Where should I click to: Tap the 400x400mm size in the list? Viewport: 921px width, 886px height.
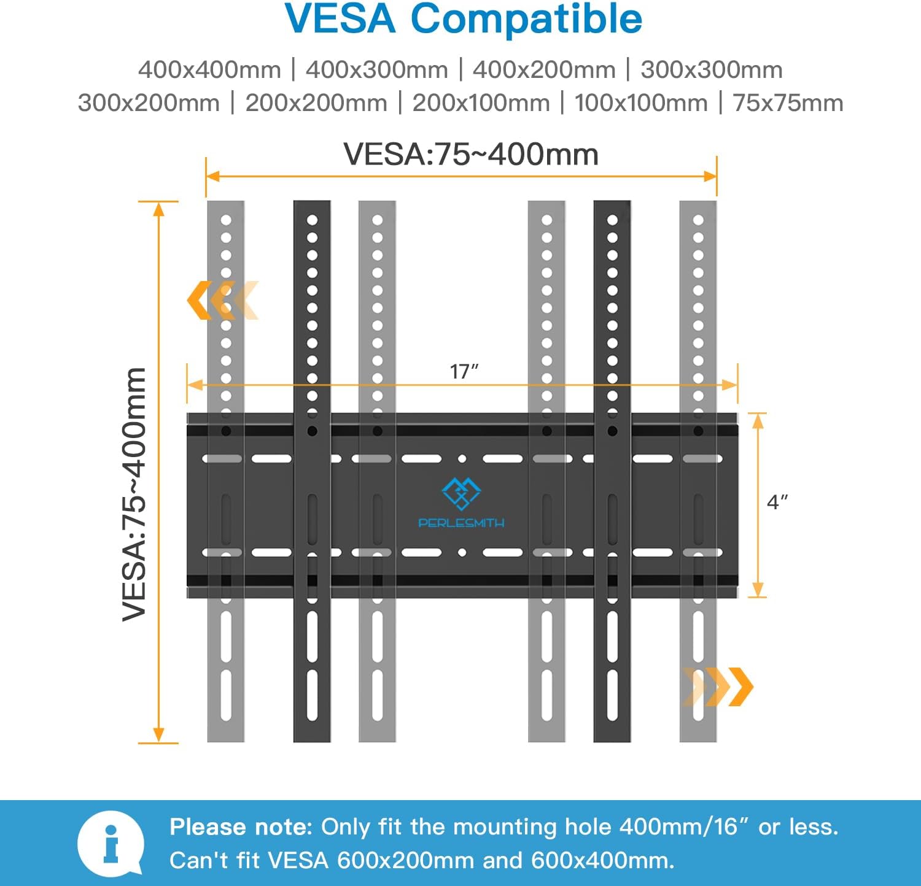(x=209, y=70)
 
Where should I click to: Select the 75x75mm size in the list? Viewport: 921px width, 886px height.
(x=788, y=103)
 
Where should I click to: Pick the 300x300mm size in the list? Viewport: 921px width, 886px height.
(x=712, y=70)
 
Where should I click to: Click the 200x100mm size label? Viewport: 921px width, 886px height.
(x=481, y=103)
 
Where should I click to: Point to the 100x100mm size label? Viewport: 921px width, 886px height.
(x=641, y=103)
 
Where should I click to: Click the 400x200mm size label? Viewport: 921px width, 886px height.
(x=544, y=70)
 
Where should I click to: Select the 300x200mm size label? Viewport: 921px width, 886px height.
(x=149, y=103)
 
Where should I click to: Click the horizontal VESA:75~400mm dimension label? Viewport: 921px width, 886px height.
(x=471, y=154)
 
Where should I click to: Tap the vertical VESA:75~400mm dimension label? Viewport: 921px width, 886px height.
(x=134, y=494)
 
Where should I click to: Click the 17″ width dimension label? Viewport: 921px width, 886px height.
(x=464, y=371)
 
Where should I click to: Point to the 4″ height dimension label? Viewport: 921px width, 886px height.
(x=777, y=502)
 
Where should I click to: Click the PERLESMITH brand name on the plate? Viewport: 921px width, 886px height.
(x=461, y=523)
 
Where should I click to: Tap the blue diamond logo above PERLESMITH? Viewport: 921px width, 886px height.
(x=461, y=494)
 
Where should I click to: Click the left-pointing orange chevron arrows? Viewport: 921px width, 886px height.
(x=222, y=300)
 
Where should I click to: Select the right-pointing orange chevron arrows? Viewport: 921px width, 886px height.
(x=718, y=687)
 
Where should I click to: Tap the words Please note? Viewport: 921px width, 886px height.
(x=241, y=827)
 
